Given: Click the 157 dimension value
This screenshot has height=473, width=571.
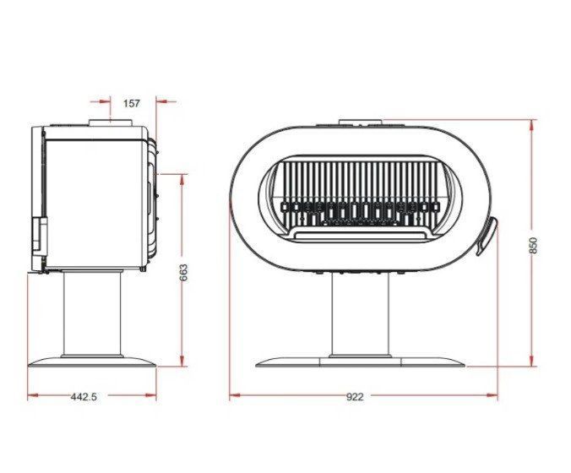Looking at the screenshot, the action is coord(131,103).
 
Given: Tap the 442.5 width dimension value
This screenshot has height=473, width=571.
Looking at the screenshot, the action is coord(84,396).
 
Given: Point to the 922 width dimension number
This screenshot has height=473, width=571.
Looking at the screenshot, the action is coord(355,396).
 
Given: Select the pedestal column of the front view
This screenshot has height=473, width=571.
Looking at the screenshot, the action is coord(360,314).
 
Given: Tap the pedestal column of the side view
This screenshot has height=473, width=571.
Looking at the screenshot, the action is coord(93,314).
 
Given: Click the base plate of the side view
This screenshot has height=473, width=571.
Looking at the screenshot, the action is coord(92,362).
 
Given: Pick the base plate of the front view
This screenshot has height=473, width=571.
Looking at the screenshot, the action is coord(360,362).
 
